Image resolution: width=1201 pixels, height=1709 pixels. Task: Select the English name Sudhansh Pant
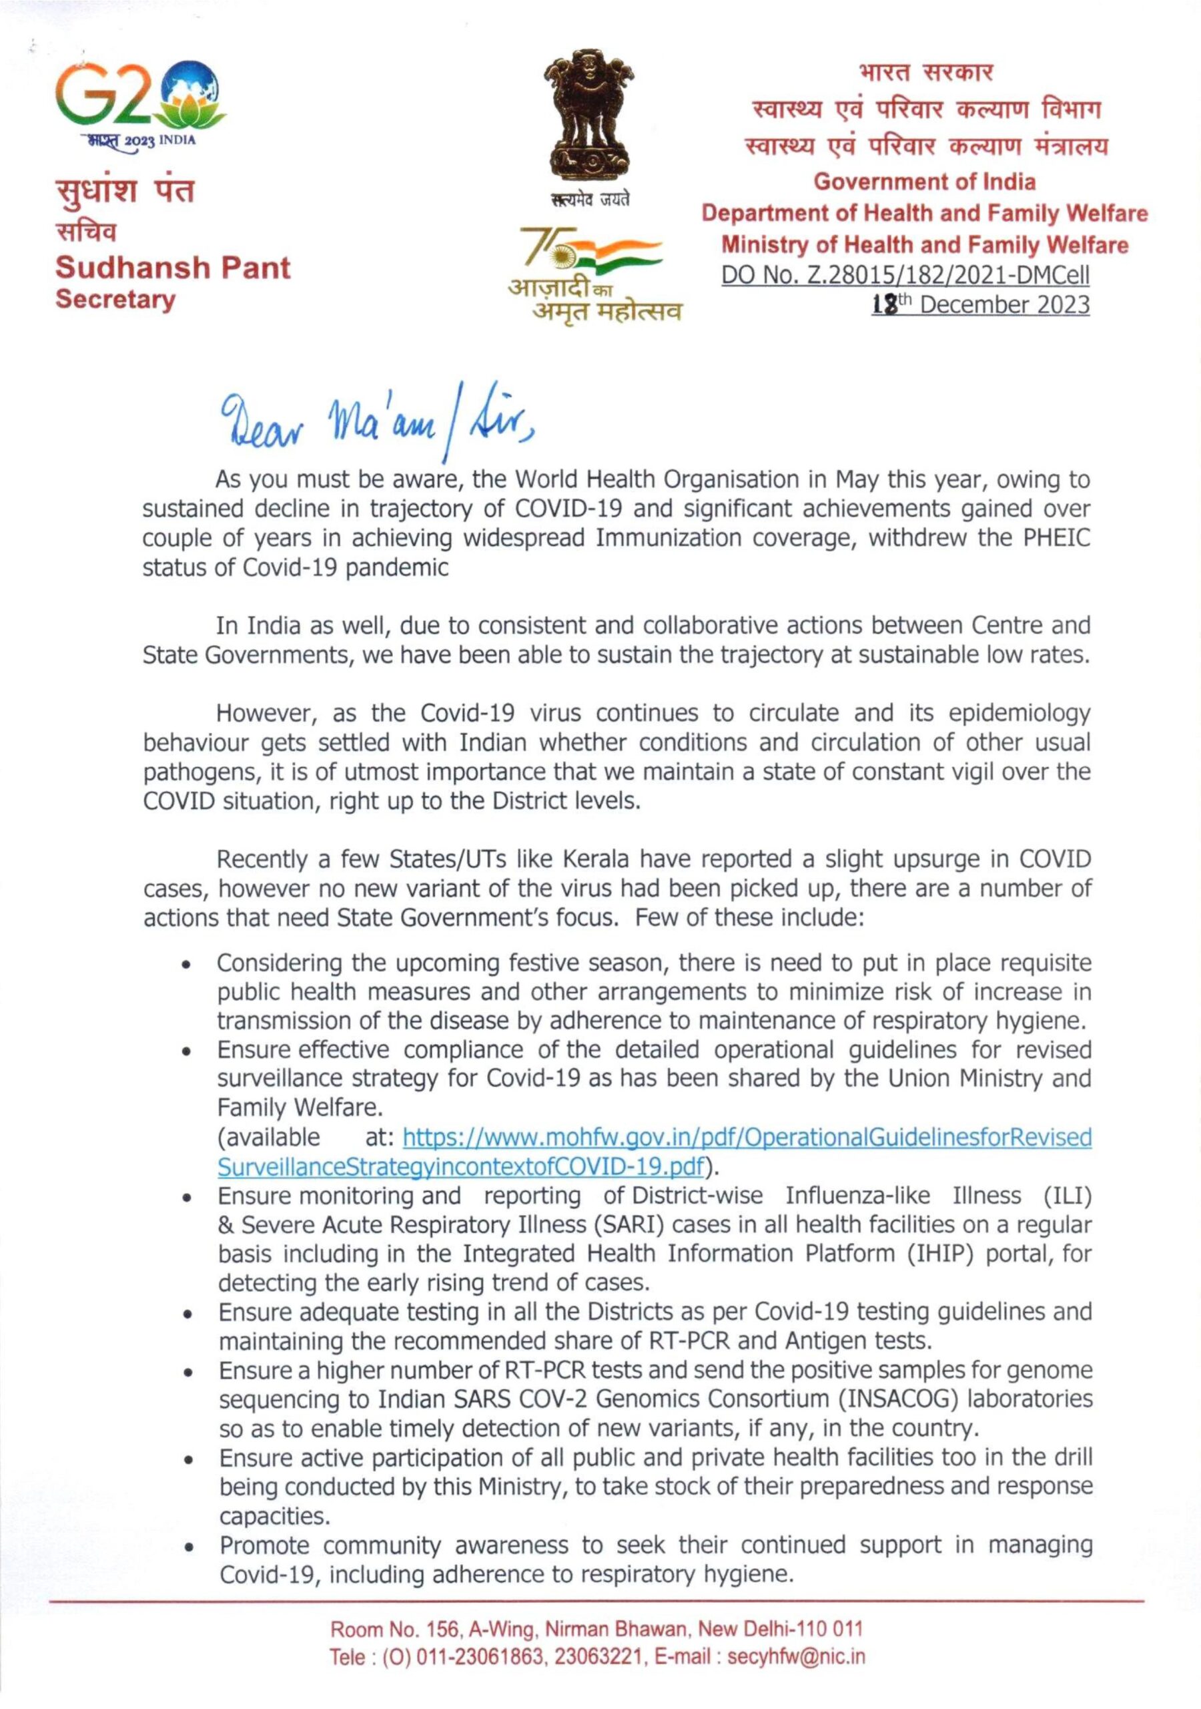point(173,267)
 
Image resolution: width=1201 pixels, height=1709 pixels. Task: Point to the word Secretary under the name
point(116,300)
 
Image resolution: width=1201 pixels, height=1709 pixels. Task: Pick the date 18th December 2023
point(980,305)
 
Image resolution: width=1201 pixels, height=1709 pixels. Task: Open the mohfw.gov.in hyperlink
point(747,1138)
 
